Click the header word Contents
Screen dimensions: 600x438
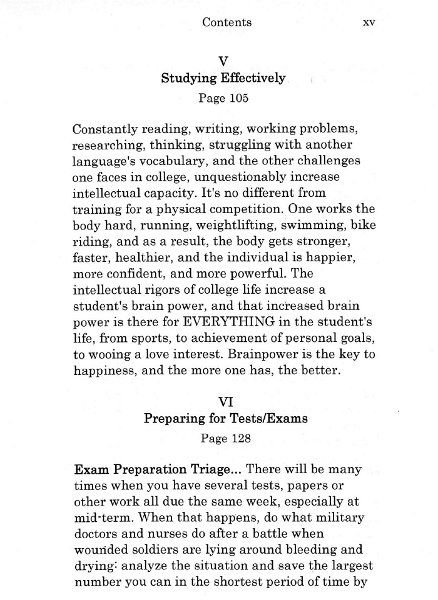[x=227, y=22]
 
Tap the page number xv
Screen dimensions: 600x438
[x=369, y=22]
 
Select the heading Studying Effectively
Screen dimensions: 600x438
[x=223, y=79]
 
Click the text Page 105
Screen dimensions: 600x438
[x=223, y=99]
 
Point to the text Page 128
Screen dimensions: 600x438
[x=225, y=439]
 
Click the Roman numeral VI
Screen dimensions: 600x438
[x=225, y=398]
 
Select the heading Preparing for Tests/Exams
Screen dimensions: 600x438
[x=225, y=418]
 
